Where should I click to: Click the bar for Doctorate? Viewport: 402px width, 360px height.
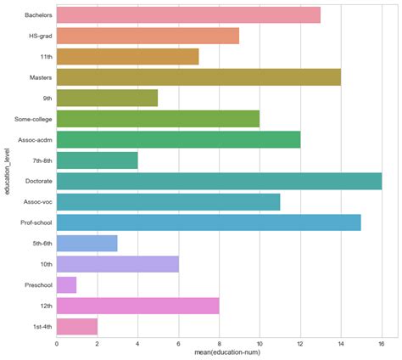pyautogui.click(x=219, y=181)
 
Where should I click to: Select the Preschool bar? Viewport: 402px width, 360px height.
pyautogui.click(x=66, y=284)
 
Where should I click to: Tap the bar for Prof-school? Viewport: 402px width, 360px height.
pyautogui.click(x=209, y=222)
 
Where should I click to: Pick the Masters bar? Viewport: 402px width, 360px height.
pyautogui.click(x=198, y=77)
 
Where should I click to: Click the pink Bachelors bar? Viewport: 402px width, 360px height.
pyautogui.click(x=188, y=15)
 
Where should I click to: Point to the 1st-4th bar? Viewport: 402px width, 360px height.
pyautogui.click(x=76, y=326)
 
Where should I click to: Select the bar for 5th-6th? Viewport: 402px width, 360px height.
pyautogui.click(x=87, y=243)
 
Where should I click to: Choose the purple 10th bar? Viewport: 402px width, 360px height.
pyautogui.click(x=117, y=264)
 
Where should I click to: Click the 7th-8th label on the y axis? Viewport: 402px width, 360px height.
pyautogui.click(x=40, y=160)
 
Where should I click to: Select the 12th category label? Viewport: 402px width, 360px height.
pyautogui.click(x=44, y=306)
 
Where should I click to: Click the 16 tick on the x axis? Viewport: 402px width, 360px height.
pyautogui.click(x=382, y=344)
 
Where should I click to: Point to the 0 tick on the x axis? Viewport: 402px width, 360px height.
pyautogui.click(x=57, y=344)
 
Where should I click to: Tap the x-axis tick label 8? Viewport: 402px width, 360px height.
pyautogui.click(x=219, y=344)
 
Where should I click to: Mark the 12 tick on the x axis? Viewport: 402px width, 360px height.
pyautogui.click(x=300, y=344)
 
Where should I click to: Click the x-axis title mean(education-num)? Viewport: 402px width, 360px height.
pyautogui.click(x=219, y=353)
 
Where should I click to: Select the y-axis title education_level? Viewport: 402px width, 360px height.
pyautogui.click(x=7, y=171)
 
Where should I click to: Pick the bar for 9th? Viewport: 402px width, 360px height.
pyautogui.click(x=107, y=98)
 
